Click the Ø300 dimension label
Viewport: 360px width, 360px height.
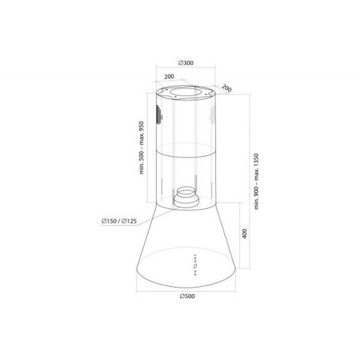pos(186,63)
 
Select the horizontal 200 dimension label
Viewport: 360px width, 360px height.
pos(169,77)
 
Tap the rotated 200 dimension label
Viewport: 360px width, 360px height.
pos(226,88)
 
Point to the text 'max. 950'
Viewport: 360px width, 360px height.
pos(141,134)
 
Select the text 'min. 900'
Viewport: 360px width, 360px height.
pos(257,198)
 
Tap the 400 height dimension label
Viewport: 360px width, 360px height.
pos(245,233)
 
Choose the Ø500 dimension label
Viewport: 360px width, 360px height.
pos(187,296)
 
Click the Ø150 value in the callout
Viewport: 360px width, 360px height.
pos(109,221)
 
